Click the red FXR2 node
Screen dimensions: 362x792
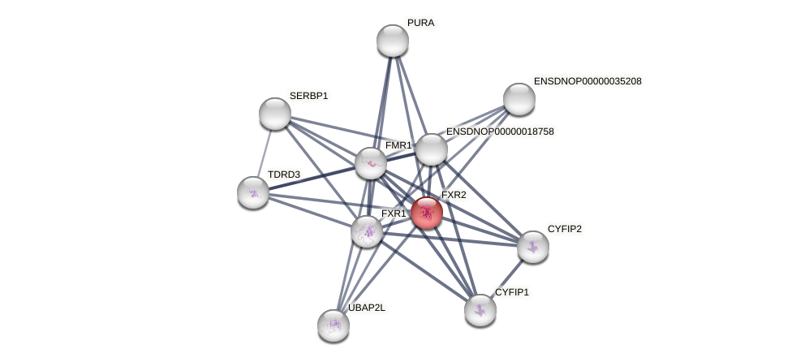click(x=426, y=213)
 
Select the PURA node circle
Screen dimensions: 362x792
click(x=393, y=41)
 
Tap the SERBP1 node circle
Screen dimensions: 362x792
click(x=275, y=114)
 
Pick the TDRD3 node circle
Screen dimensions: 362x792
click(x=253, y=192)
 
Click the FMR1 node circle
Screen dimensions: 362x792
click(x=371, y=163)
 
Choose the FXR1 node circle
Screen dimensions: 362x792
click(x=367, y=231)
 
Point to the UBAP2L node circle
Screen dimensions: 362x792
click(x=334, y=325)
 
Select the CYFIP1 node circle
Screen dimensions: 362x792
click(x=480, y=309)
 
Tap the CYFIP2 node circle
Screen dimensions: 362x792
click(x=532, y=247)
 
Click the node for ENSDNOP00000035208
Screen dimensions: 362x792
click(x=519, y=99)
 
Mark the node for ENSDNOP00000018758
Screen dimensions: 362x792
click(x=432, y=149)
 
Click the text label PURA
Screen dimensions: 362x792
click(x=420, y=23)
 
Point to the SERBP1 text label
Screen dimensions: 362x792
click(x=308, y=96)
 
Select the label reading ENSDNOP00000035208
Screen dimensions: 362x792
click(x=588, y=81)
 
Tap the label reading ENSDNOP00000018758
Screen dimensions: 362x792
click(x=500, y=131)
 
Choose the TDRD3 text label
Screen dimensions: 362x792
click(x=284, y=175)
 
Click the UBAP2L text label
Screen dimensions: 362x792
click(x=367, y=308)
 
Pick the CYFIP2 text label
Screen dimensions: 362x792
click(x=564, y=229)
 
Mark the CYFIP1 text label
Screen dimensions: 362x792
click(x=511, y=292)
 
